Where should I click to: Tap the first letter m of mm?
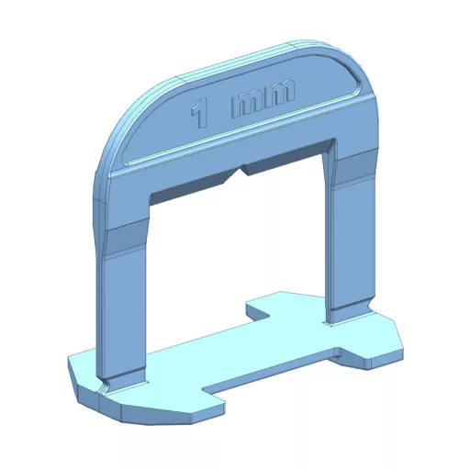point(247,105)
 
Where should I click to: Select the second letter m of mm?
point(279,92)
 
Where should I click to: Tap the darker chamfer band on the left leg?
point(126,241)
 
